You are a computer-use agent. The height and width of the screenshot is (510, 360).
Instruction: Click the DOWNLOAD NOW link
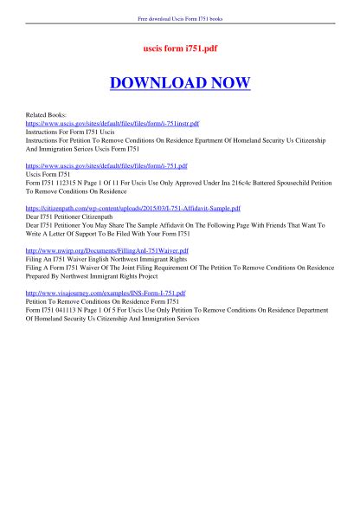pyautogui.click(x=180, y=82)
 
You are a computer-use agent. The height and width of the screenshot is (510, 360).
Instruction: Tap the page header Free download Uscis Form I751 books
pyautogui.click(x=180, y=18)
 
